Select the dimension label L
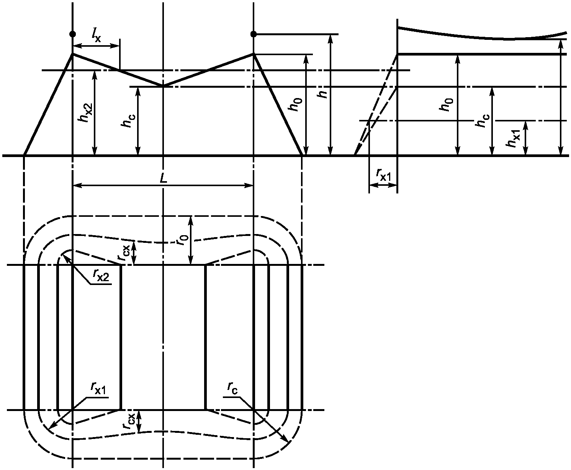164,179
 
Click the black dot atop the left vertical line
73,34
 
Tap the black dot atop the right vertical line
254,34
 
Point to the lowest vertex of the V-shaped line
164,86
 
